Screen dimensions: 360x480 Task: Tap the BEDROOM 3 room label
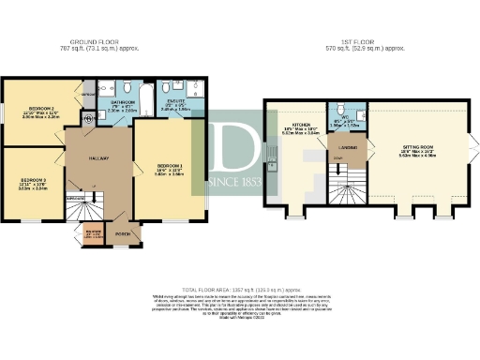point(31,178)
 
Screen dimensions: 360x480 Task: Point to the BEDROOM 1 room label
point(168,165)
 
